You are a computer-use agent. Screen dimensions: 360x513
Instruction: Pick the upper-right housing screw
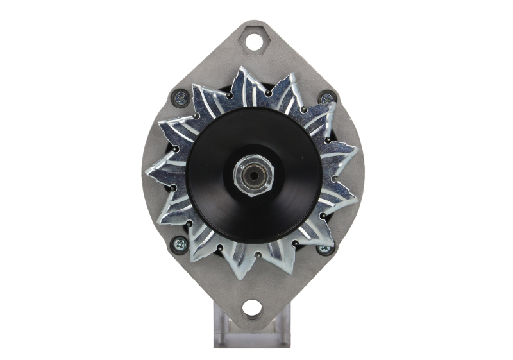click(x=328, y=99)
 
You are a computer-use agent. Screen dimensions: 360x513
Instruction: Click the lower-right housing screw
click(x=324, y=245)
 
